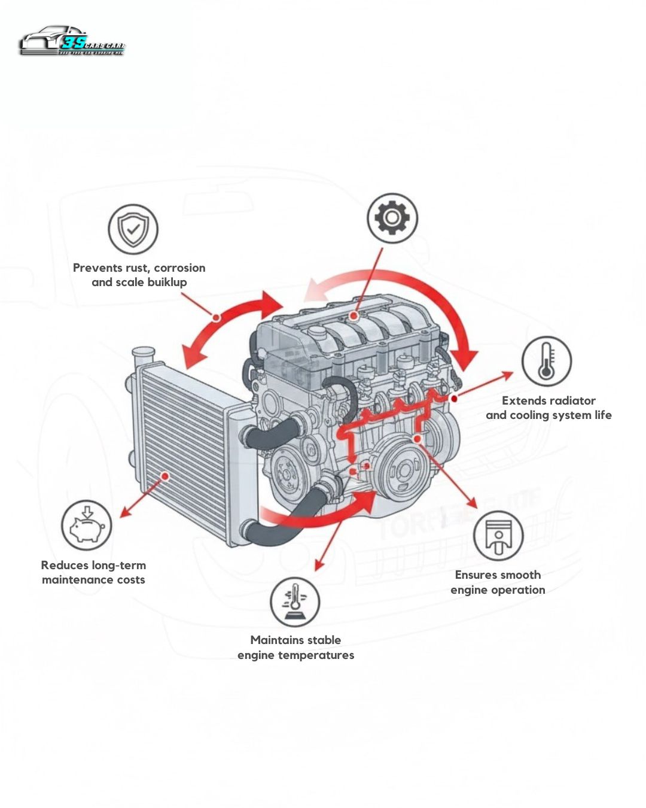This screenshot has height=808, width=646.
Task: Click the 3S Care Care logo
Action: coord(72,41)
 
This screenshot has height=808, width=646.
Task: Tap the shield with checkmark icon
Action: coord(133,229)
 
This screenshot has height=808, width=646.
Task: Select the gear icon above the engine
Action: coord(392,218)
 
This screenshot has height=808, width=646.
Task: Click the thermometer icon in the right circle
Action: coord(546,361)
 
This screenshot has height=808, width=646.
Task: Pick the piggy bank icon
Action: coord(87,525)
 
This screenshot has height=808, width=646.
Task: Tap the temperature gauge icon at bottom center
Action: coord(294,602)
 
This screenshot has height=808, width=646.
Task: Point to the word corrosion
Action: coord(179,268)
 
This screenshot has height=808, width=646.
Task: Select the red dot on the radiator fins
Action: coord(165,476)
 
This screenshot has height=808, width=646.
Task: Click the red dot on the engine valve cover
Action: coord(355,315)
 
